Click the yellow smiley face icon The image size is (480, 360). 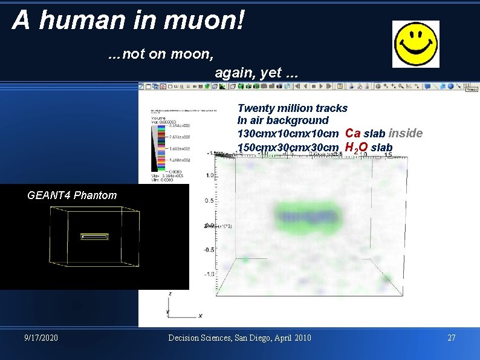(x=416, y=44)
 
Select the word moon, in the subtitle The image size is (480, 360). (x=192, y=54)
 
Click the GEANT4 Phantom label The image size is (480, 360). (x=72, y=195)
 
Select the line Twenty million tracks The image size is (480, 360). (x=293, y=108)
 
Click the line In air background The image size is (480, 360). (x=283, y=120)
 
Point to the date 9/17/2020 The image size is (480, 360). (x=41, y=337)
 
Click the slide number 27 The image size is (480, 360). (x=451, y=337)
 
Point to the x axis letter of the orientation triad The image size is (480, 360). (x=200, y=315)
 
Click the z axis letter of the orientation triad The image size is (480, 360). (x=169, y=293)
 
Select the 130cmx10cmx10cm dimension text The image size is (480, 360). (x=288, y=134)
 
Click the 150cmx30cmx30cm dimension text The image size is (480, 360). (x=288, y=148)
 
